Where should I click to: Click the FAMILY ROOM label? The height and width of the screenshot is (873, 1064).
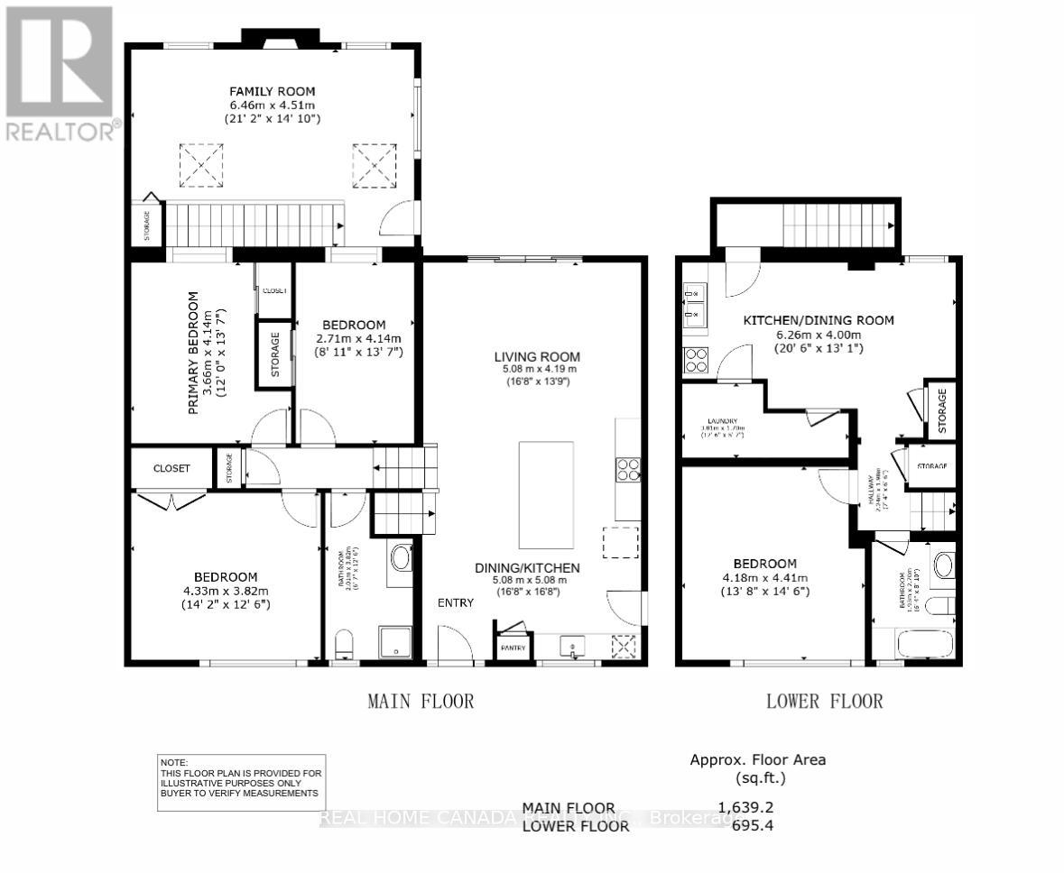[272, 91]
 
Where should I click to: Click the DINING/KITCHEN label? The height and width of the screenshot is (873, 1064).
[527, 567]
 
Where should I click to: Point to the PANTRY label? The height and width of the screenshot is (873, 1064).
[513, 648]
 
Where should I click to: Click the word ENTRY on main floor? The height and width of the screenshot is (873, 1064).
[456, 602]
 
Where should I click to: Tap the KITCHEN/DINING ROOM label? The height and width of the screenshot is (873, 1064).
[818, 320]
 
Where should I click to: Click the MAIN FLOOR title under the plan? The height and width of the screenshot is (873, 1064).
[421, 701]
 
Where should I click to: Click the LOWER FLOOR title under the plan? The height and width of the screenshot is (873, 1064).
[824, 701]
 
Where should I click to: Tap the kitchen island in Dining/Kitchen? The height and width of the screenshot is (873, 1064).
[545, 495]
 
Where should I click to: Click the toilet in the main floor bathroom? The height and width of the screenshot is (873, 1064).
[344, 644]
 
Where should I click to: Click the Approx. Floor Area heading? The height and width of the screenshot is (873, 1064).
[758, 759]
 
